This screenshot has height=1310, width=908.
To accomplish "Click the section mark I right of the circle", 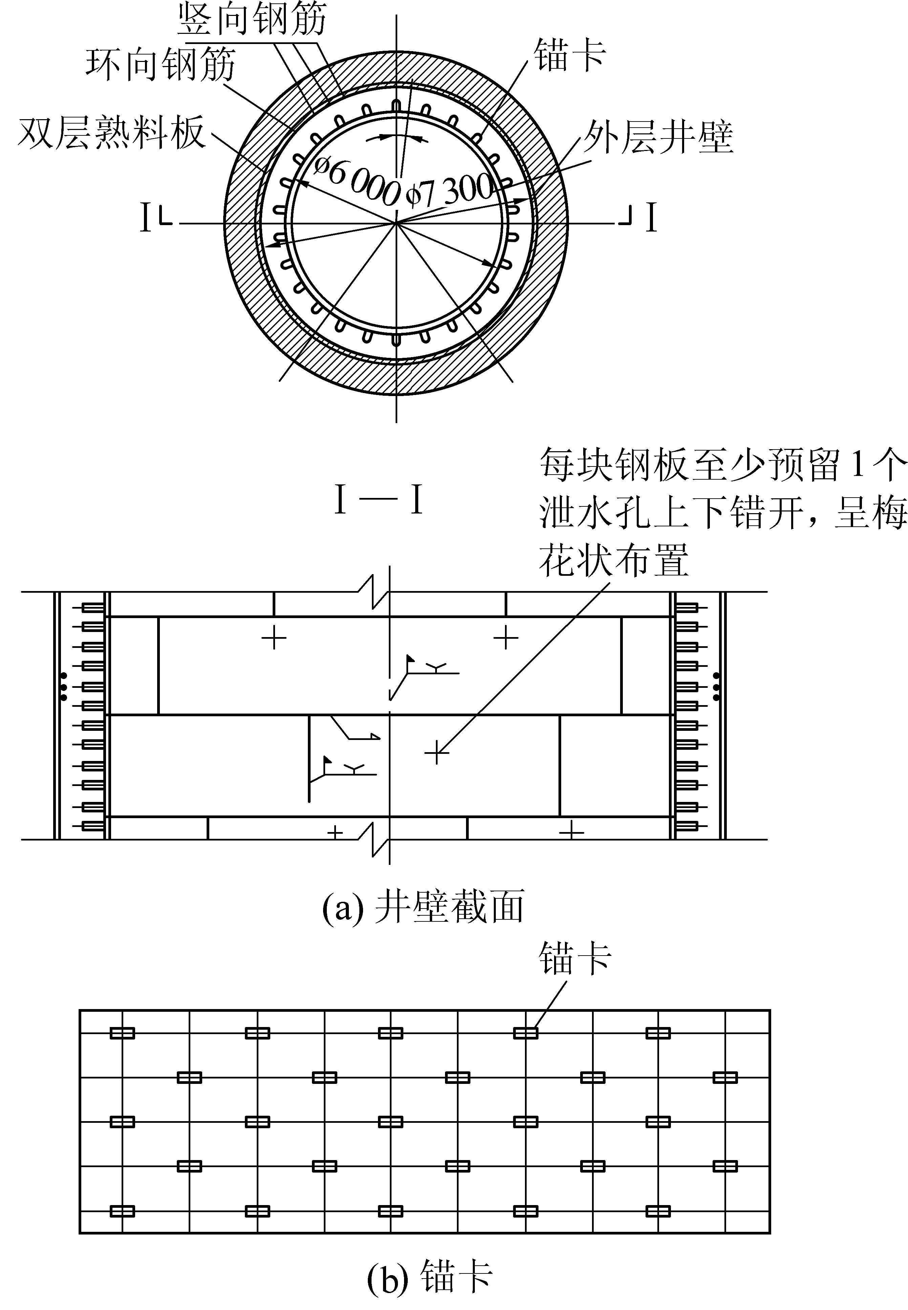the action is pyautogui.click(x=651, y=218).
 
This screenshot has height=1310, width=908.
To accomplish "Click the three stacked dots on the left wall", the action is pyautogui.click(x=64, y=686).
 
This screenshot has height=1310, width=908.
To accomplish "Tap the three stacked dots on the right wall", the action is pyautogui.click(x=716, y=686).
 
